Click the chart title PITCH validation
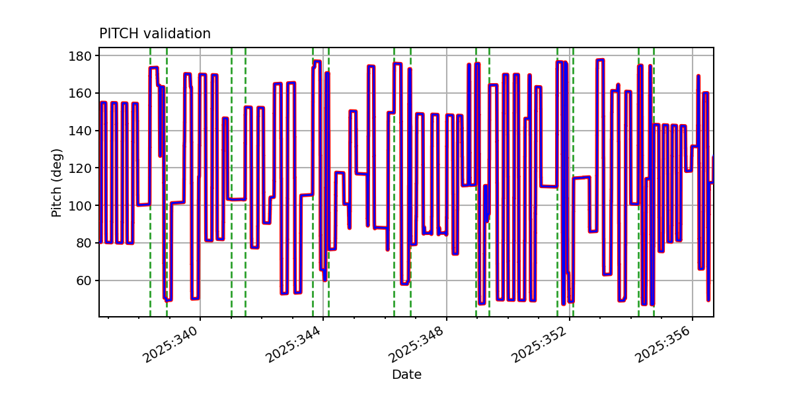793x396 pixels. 155,34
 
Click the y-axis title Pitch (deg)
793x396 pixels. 57,183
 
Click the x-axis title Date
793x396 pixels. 406,375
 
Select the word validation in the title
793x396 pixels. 176,34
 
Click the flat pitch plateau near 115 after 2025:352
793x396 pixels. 582,178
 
